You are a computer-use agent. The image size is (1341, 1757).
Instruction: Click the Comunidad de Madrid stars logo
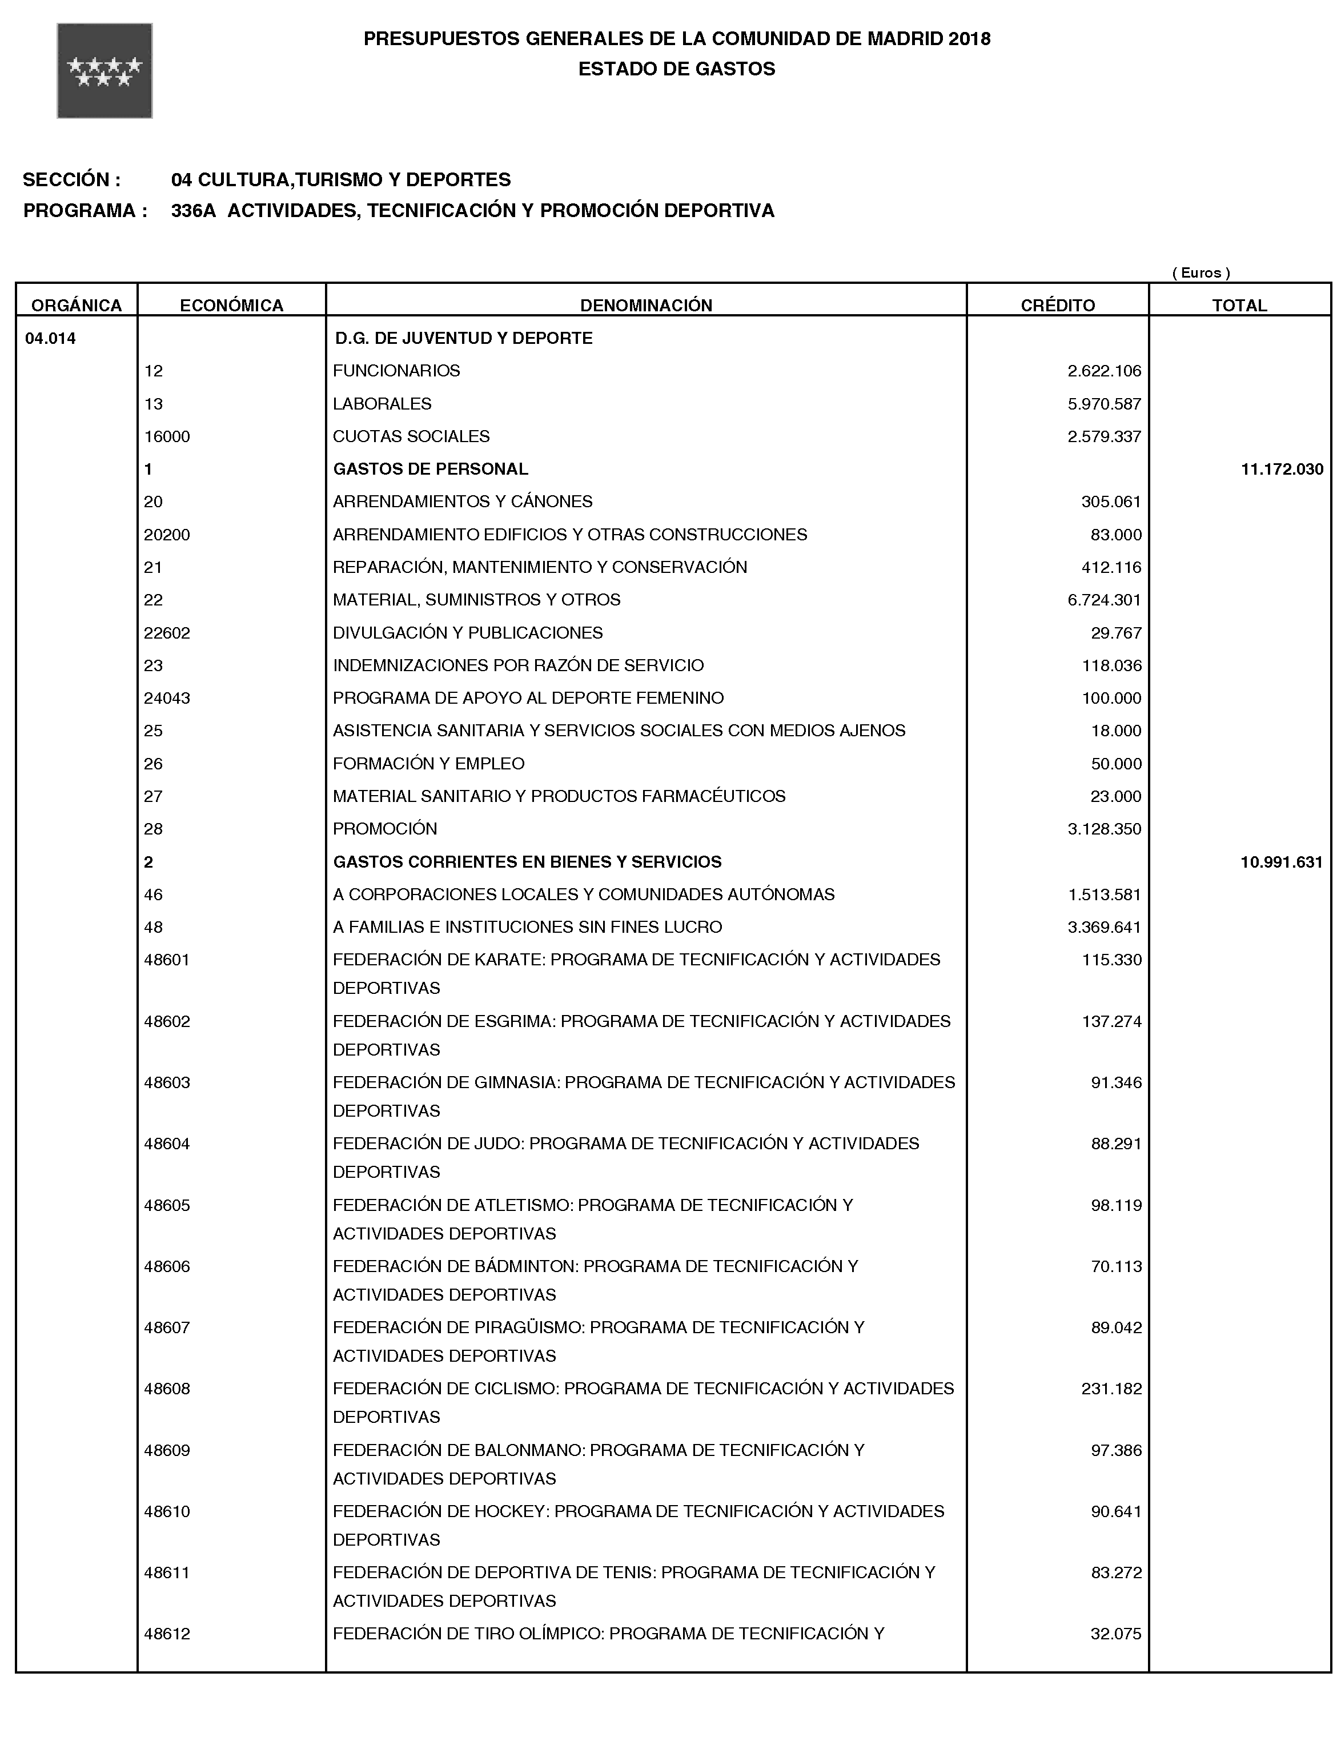click(x=105, y=71)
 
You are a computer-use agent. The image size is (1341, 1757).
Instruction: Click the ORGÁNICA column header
click(x=77, y=305)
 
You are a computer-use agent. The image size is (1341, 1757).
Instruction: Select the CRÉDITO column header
click(x=1058, y=305)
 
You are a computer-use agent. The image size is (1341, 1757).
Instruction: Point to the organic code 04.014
click(x=51, y=339)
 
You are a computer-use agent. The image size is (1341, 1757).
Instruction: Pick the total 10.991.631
click(x=1281, y=862)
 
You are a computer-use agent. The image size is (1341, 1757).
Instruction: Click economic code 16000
click(x=167, y=436)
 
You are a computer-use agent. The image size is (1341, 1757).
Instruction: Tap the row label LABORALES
click(x=382, y=404)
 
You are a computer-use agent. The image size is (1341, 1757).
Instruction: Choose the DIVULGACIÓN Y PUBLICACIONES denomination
click(x=468, y=633)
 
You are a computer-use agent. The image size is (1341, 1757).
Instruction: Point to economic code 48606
click(x=167, y=1267)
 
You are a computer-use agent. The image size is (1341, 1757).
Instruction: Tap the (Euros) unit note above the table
click(x=1201, y=273)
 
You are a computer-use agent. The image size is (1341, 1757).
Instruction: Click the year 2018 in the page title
click(x=970, y=39)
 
